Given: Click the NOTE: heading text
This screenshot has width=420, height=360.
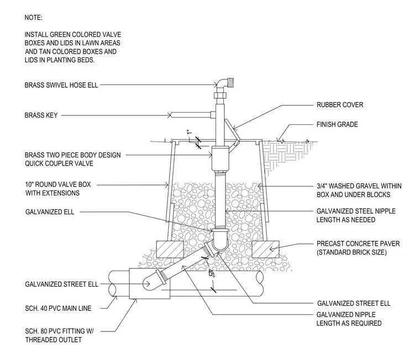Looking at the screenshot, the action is click(x=34, y=18).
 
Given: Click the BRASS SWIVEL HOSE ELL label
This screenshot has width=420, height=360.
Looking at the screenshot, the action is click(x=61, y=85).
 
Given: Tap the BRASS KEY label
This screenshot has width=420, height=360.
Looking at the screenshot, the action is click(x=41, y=115).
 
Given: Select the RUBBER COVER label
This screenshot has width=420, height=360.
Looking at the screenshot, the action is click(x=340, y=105).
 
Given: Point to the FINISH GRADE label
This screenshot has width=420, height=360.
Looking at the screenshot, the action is click(x=337, y=124).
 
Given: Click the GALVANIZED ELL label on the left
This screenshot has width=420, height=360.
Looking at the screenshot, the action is click(x=50, y=212).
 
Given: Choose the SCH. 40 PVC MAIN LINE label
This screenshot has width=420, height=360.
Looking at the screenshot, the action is click(x=58, y=308).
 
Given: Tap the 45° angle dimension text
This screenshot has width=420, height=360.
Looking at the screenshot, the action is click(x=211, y=273).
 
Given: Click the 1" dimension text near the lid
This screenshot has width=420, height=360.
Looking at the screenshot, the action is click(x=190, y=132).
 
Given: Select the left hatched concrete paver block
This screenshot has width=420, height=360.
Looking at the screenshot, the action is click(x=170, y=250).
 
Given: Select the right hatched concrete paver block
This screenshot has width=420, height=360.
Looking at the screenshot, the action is click(x=266, y=249).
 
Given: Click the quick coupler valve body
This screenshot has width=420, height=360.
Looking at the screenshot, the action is click(x=220, y=158).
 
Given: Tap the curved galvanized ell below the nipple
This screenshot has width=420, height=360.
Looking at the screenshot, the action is click(x=220, y=240).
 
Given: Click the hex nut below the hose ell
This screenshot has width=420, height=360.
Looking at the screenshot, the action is click(x=221, y=96).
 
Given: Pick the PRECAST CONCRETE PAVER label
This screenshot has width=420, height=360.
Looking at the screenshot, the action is click(x=358, y=244).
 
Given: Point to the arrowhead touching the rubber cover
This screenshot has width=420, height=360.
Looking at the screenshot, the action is click(x=235, y=128).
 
